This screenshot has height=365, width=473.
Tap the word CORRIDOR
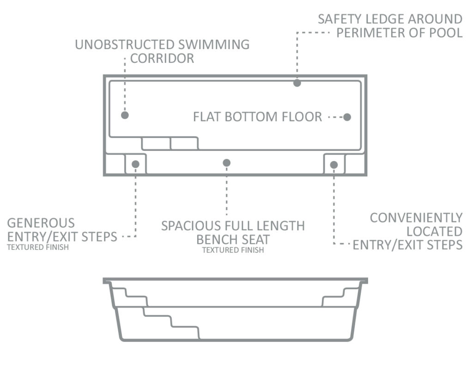pyautogui.click(x=162, y=59)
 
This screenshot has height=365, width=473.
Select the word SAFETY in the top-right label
pyautogui.click(x=340, y=19)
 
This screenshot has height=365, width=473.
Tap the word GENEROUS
pyautogui.click(x=41, y=223)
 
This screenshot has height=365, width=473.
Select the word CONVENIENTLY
pyautogui.click(x=416, y=218)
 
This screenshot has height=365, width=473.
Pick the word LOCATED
pyautogui.click(x=435, y=232)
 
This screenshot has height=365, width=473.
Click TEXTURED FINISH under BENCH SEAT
pyautogui.click(x=233, y=250)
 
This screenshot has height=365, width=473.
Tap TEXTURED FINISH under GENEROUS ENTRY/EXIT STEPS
pyautogui.click(x=38, y=247)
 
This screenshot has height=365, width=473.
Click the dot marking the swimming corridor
pyautogui.click(x=125, y=115)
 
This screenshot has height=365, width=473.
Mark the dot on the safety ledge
pyautogui.click(x=297, y=83)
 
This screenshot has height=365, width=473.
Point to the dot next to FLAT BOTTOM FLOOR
pyautogui.click(x=347, y=117)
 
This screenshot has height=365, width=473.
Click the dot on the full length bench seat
pyautogui.click(x=226, y=163)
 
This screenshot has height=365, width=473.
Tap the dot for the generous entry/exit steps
pyautogui.click(x=135, y=164)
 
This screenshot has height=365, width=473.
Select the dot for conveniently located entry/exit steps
pyautogui.click(x=334, y=165)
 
